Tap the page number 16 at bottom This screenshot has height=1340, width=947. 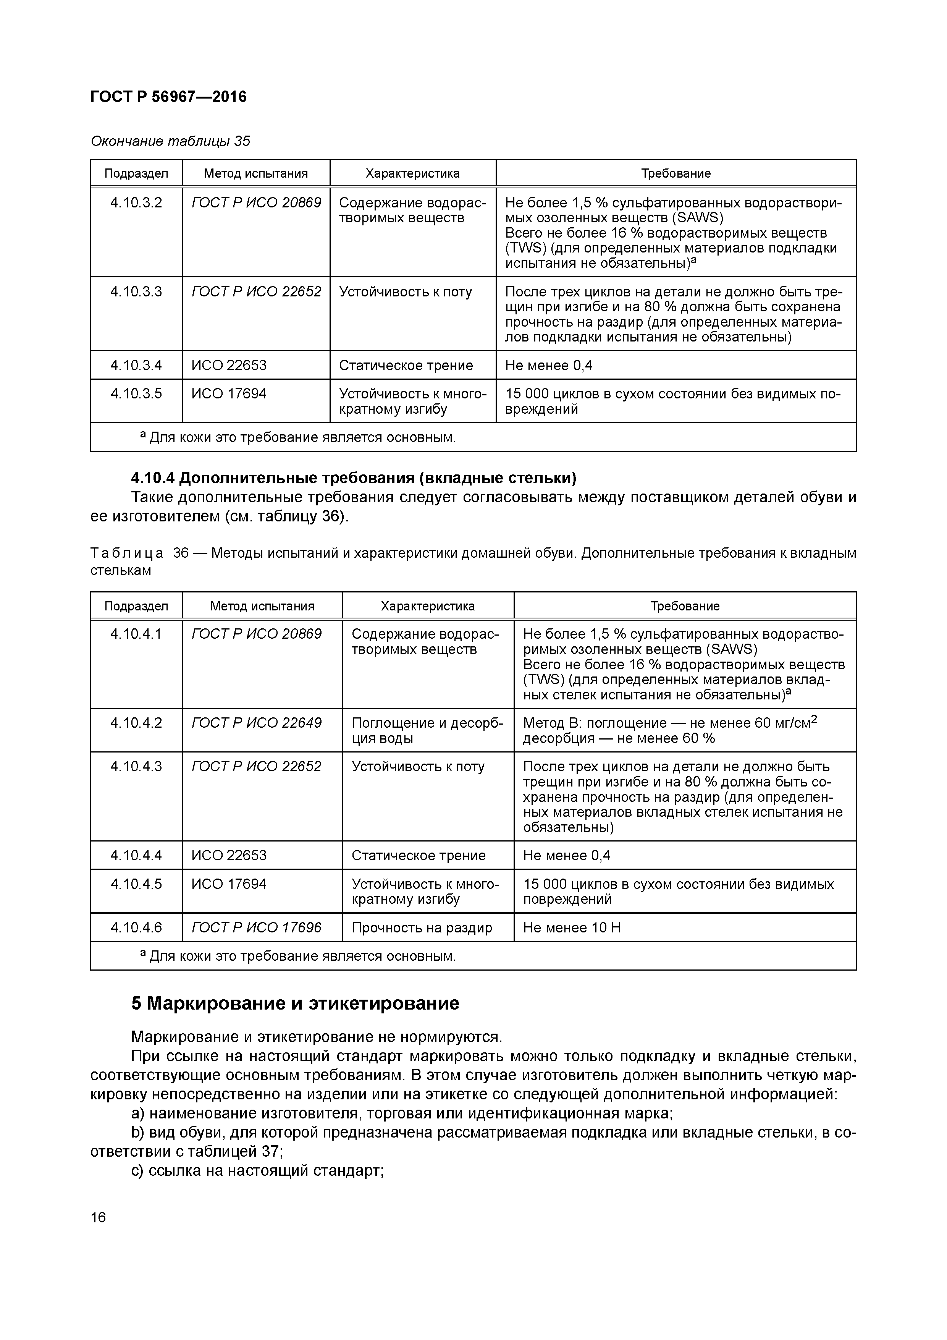tap(99, 1217)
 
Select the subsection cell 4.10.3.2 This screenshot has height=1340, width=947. tap(136, 203)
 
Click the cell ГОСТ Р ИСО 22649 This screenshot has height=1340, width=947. tap(256, 723)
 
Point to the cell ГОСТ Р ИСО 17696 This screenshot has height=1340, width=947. tap(256, 927)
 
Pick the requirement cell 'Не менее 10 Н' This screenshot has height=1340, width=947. tap(572, 927)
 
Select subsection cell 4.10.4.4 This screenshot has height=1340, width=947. tap(136, 856)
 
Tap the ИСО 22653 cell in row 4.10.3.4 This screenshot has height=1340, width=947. tap(229, 365)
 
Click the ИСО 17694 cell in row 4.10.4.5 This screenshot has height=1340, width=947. tap(229, 884)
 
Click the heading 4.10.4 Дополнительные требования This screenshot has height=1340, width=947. tap(353, 478)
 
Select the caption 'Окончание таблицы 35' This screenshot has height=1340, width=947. tap(170, 141)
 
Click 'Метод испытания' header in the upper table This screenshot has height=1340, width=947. tap(255, 173)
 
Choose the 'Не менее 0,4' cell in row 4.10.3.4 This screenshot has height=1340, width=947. tap(548, 365)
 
